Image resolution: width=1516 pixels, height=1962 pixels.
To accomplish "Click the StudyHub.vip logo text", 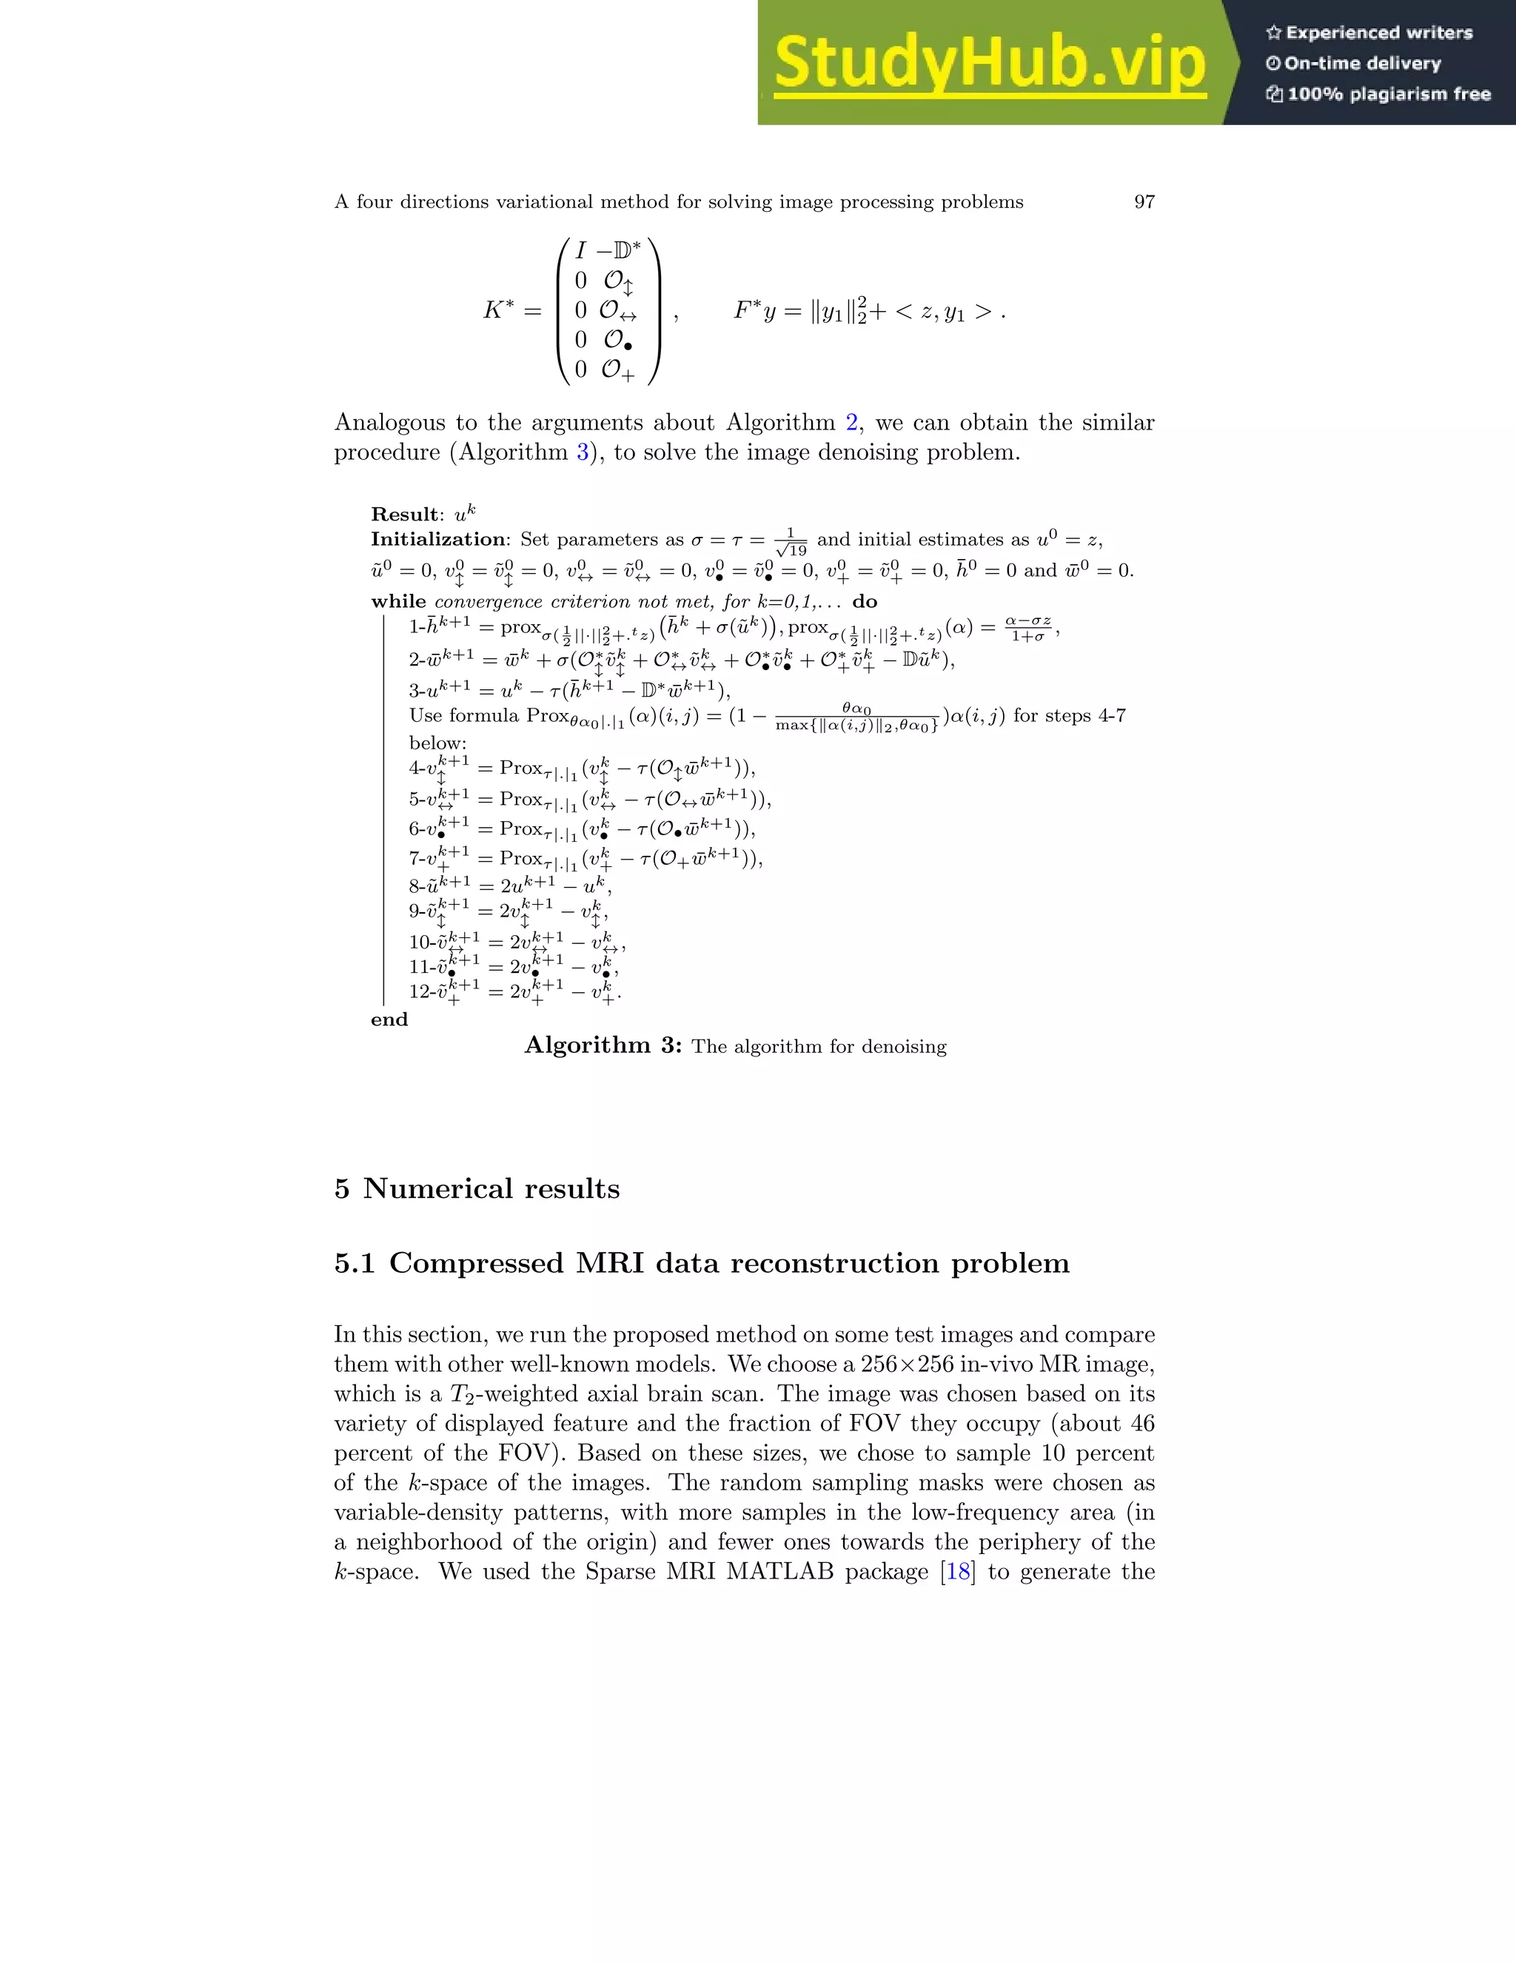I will point(989,63).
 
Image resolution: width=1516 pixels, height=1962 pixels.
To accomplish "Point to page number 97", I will point(1144,202).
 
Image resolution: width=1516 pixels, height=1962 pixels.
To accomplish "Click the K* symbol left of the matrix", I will point(500,311).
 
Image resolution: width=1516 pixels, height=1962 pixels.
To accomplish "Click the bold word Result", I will point(405,515).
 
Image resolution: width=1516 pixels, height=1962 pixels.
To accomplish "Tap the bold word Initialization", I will point(438,540).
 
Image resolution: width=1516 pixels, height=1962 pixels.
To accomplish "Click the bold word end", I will point(389,1019).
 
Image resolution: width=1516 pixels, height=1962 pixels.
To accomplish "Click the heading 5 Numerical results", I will point(477,1188).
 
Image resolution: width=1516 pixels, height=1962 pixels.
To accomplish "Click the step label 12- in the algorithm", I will point(420,992).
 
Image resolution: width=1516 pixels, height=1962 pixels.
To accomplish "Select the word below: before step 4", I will point(437,743).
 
